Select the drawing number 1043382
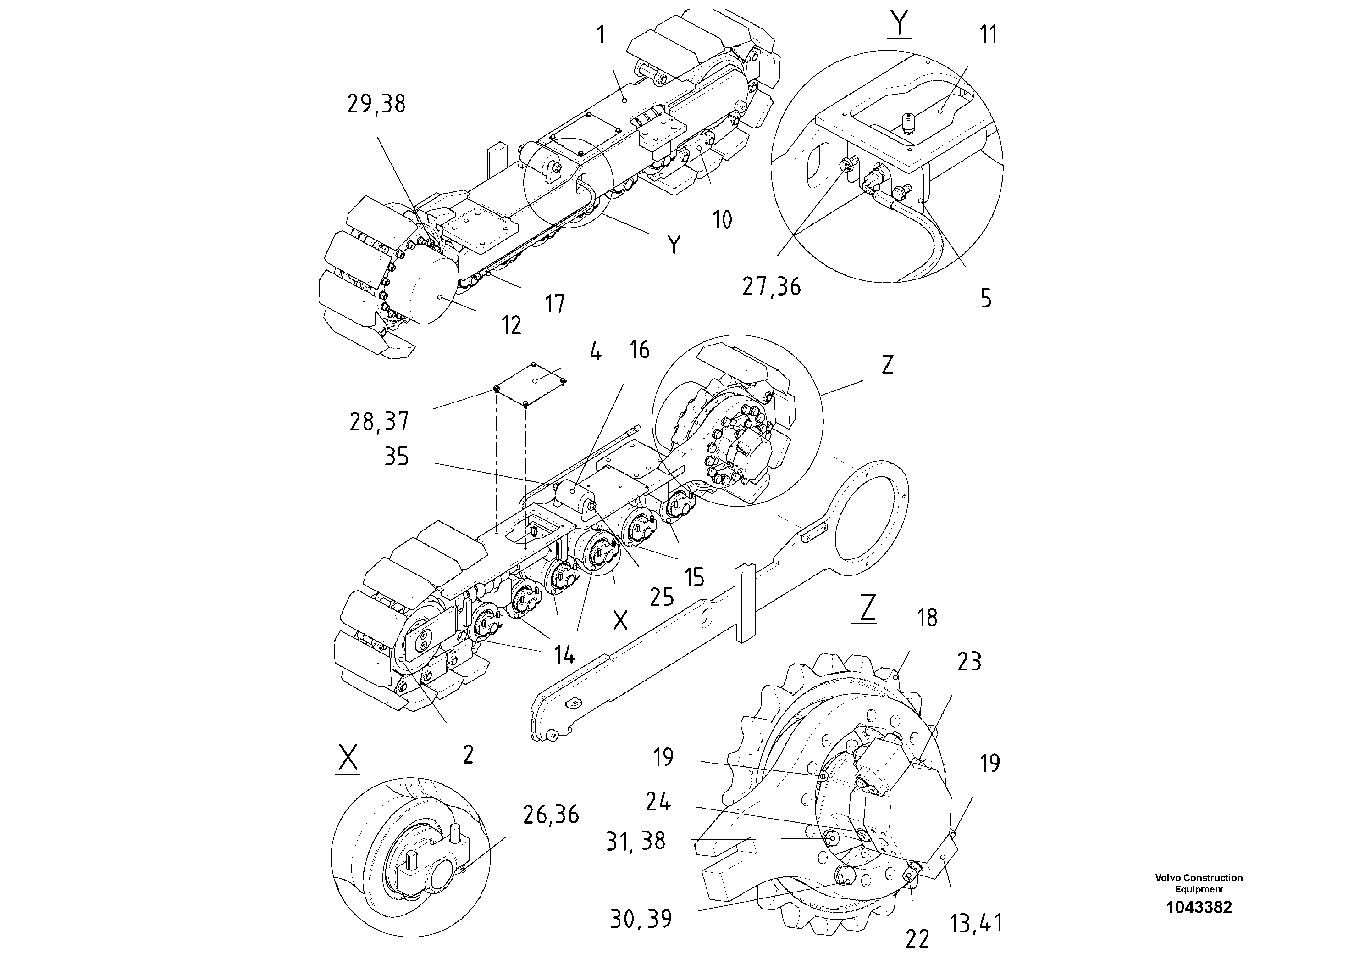pos(1199,907)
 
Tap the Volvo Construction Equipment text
pos(1199,883)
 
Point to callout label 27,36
pos(771,287)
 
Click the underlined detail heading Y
pos(900,24)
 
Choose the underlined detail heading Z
pos(868,608)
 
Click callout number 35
pos(397,457)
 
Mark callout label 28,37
pos(379,422)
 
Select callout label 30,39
pos(641,919)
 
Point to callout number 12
pos(511,325)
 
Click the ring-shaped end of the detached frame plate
pos(871,518)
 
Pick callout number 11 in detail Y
pos(988,34)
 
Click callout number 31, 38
pos(636,841)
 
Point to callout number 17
pos(555,304)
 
